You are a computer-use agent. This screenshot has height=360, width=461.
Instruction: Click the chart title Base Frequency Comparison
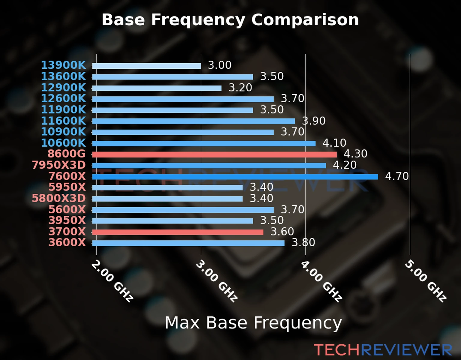(230, 20)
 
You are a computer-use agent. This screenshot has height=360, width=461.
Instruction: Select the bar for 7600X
(235, 177)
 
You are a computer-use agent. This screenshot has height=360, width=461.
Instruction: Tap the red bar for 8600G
(214, 154)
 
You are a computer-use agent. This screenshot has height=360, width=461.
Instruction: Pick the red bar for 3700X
(178, 232)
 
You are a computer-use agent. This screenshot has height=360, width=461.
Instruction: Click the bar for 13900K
(146, 66)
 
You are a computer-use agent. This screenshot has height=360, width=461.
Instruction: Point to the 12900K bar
(157, 88)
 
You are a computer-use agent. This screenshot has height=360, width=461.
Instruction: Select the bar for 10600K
(204, 143)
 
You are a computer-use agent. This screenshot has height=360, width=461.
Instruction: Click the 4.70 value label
(397, 176)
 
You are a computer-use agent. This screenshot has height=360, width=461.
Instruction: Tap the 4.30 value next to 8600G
(355, 154)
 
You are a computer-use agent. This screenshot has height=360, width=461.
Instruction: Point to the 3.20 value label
(240, 88)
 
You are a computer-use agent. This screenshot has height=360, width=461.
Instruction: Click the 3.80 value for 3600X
(303, 242)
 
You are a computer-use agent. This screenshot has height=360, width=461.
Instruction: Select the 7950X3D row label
(59, 165)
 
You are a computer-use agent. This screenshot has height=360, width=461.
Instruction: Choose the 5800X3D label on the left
(59, 198)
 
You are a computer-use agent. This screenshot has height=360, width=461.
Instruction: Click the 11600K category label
(63, 121)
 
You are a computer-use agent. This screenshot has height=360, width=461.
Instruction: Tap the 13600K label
(63, 76)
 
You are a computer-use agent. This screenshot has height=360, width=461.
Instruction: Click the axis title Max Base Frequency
(253, 323)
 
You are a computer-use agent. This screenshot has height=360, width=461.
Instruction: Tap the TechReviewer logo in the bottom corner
(383, 350)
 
